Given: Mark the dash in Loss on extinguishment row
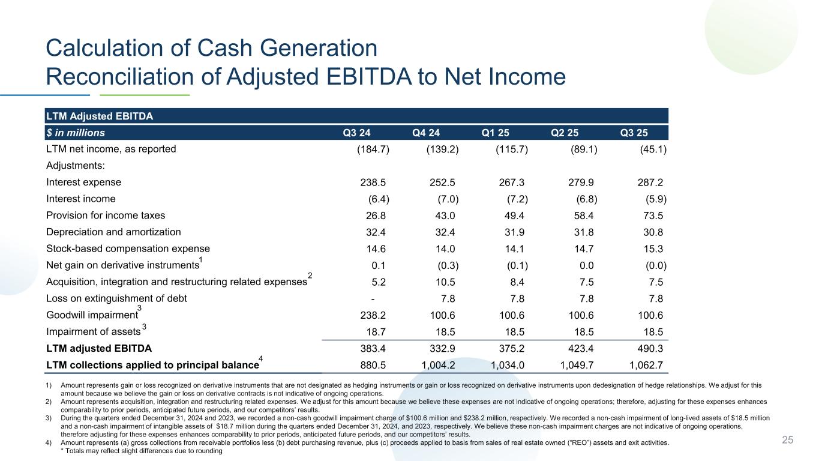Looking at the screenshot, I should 374,298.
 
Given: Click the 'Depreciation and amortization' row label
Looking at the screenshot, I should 113,232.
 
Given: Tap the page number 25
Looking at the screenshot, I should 787,441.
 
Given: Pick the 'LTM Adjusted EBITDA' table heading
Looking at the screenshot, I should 99,116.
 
